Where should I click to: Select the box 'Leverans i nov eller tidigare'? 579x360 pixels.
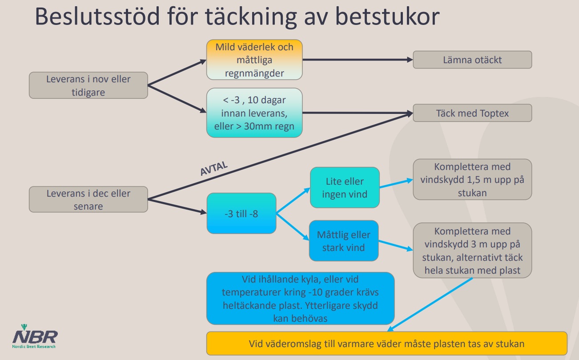coord(88,85)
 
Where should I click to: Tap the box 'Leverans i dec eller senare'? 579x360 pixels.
coord(88,199)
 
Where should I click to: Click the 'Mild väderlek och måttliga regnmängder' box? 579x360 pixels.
coord(254,60)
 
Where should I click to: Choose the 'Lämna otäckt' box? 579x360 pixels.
coord(472,60)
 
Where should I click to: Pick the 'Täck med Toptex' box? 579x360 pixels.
coord(472,113)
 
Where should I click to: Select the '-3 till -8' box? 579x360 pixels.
coord(241,213)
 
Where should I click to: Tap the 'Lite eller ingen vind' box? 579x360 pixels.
coord(345,187)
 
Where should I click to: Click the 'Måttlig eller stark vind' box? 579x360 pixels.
coord(344,241)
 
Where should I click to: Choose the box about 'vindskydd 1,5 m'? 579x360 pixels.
coord(472,179)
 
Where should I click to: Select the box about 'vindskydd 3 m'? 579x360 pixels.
coord(472,251)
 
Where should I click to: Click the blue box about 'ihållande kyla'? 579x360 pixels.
coord(300,298)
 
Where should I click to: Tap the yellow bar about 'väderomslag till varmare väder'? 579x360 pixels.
coord(387,344)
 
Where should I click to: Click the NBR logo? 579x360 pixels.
coord(35,338)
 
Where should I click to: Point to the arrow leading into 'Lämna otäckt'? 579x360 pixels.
coord(356,60)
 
